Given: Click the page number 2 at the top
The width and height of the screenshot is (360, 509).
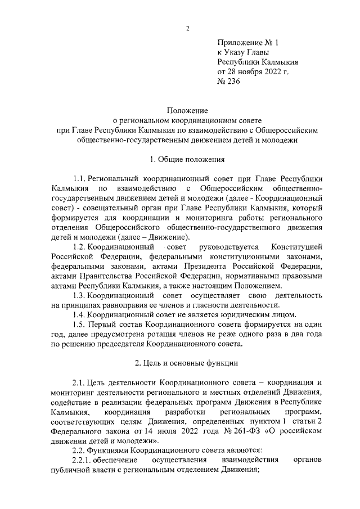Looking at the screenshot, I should click(x=188, y=29).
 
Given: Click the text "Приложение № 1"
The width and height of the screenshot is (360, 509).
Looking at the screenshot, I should click(x=248, y=42).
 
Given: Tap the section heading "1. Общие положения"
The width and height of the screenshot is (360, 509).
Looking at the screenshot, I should click(x=188, y=159).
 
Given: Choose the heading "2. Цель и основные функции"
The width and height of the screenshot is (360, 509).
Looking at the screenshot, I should click(x=188, y=363).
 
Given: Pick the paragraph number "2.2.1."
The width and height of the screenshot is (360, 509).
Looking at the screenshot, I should click(x=84, y=460).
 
